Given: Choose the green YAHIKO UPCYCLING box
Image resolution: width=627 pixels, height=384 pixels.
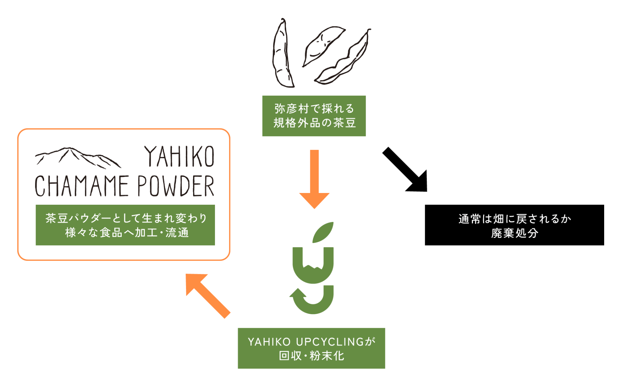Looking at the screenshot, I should coord(311,348).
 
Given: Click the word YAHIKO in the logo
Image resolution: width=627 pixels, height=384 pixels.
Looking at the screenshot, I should coord(179,157).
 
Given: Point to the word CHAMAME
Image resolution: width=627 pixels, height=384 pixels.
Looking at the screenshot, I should coord(82,186).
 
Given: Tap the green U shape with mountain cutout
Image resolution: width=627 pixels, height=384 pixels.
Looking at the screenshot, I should coord(313,266).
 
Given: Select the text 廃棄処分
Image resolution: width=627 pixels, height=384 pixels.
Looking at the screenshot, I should coord(514,233).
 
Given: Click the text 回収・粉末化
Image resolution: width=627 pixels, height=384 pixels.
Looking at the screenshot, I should coord(311,356).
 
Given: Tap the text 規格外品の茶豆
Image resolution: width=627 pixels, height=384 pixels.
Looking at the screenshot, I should coord(314,123).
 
